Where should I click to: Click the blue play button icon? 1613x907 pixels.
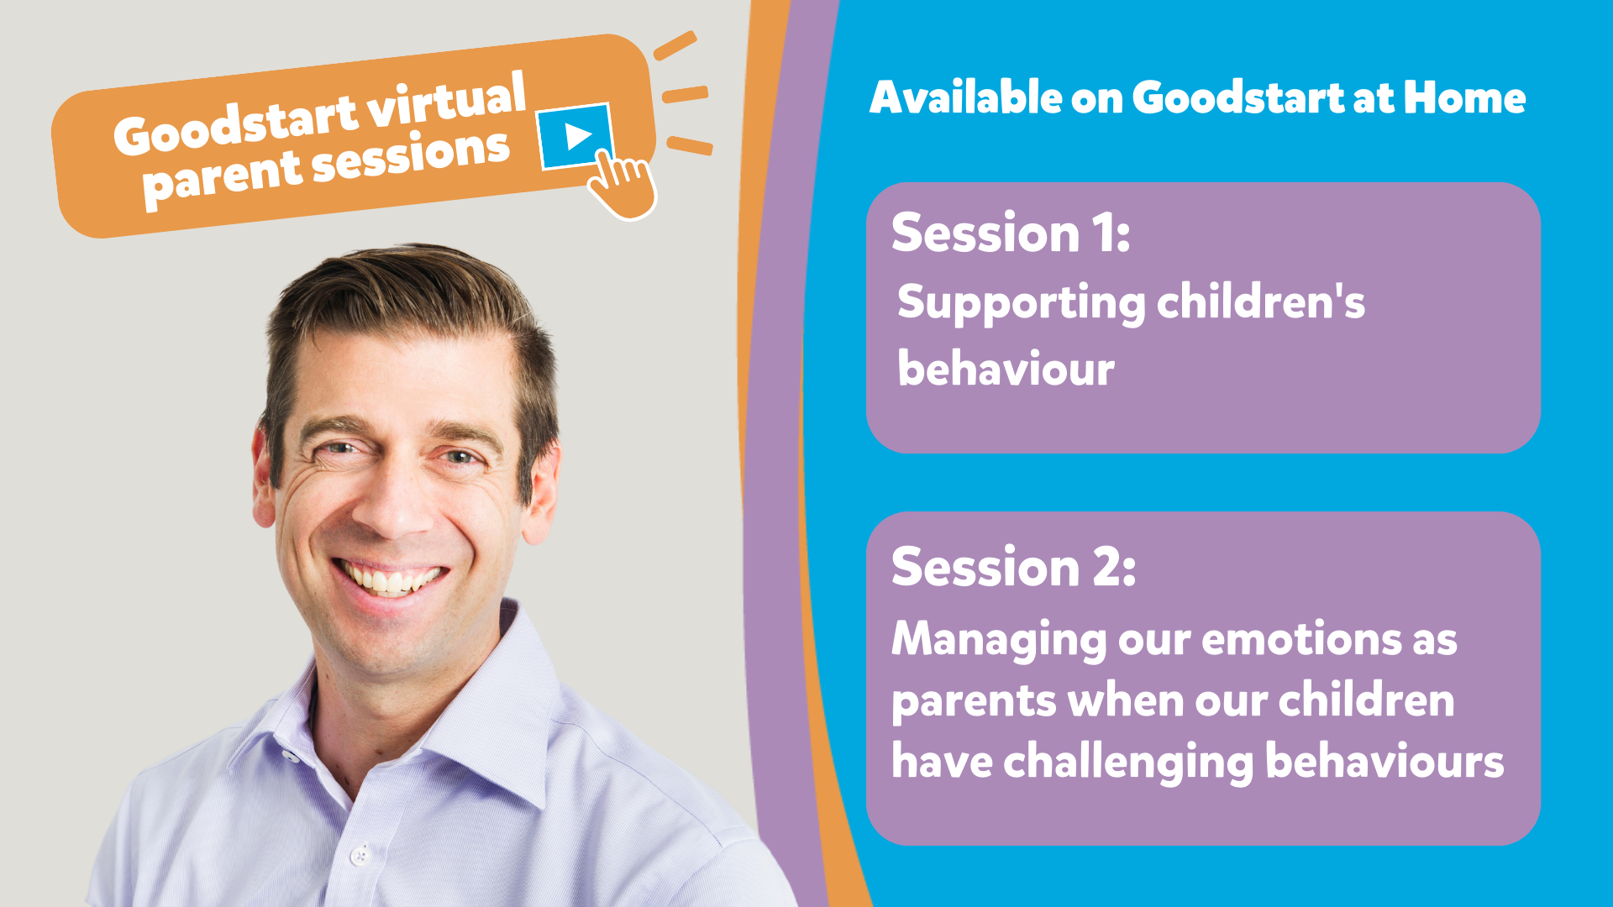pos(575,136)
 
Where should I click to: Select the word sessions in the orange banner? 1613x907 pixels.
pos(411,158)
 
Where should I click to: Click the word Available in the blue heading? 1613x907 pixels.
pos(966,97)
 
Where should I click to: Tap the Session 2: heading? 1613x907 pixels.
pos(1014,567)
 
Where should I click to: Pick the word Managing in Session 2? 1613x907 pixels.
pos(999,641)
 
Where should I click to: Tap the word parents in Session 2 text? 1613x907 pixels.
pos(974,702)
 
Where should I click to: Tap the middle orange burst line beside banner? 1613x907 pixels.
pos(685,94)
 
